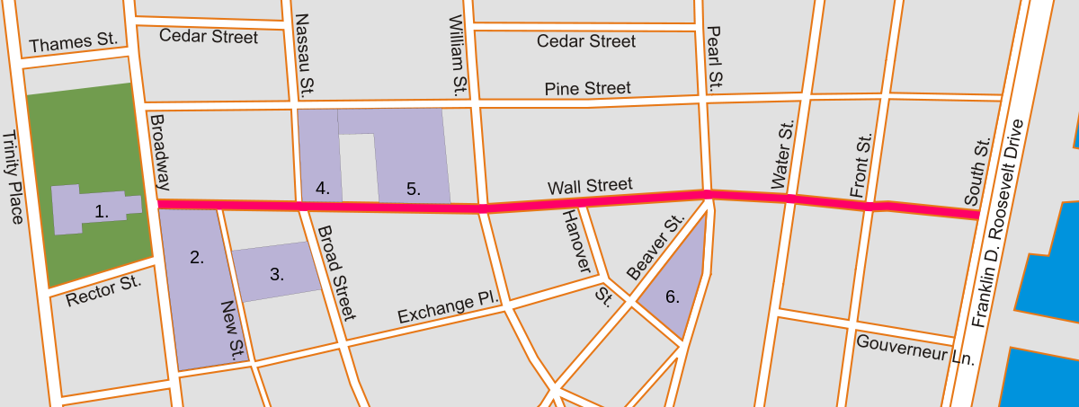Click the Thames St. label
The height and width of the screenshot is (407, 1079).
click(74, 43)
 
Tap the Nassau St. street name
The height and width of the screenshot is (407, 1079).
click(305, 54)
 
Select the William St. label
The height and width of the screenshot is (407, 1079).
click(459, 55)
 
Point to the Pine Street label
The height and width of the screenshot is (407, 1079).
click(587, 88)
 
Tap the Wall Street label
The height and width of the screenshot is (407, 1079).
click(590, 187)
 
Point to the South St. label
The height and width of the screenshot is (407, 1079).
click(977, 171)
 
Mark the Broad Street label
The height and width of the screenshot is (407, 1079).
click(334, 272)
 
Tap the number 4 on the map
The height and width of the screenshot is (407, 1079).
click(322, 189)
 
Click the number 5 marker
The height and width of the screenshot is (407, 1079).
click(413, 189)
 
